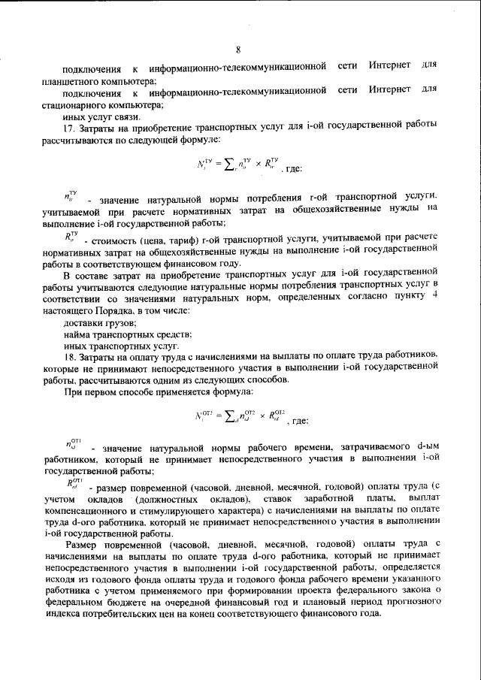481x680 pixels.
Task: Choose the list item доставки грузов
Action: tap(94, 322)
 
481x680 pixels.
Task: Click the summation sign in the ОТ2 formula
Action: tap(222, 416)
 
